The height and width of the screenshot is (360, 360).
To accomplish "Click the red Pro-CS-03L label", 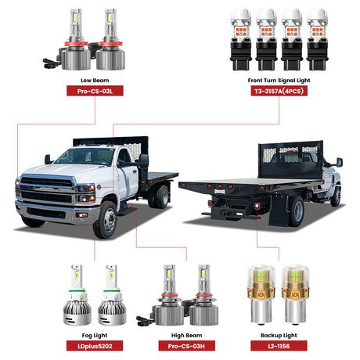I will [94, 91].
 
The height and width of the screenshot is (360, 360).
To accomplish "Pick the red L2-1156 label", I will [274, 345].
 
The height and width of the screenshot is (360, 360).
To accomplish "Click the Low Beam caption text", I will [94, 79].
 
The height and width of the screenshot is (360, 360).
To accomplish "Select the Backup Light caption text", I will [274, 333].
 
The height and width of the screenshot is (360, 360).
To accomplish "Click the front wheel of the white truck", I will [105, 220].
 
